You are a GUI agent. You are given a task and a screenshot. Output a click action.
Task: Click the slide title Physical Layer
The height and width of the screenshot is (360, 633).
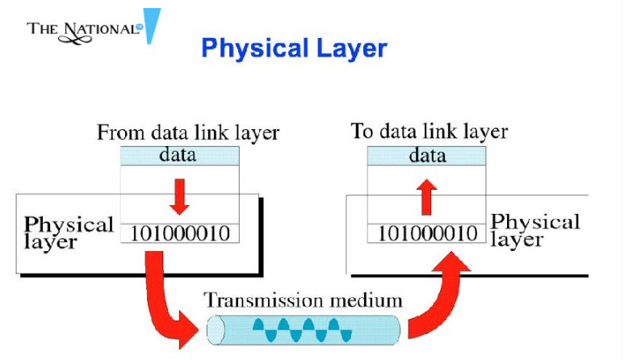(x=294, y=48)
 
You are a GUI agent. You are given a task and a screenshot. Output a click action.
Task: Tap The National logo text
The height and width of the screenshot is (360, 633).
(x=83, y=29)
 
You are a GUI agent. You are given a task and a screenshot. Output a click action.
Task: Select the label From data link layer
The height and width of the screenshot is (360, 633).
(x=188, y=132)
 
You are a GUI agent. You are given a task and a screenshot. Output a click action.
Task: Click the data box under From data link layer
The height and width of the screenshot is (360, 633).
(x=179, y=154)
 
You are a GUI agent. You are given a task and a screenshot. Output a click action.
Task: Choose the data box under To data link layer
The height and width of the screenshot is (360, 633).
(x=427, y=155)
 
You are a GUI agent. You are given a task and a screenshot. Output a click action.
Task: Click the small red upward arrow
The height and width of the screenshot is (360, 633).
(x=427, y=195)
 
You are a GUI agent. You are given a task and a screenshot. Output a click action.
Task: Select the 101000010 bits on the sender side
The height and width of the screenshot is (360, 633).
(x=179, y=234)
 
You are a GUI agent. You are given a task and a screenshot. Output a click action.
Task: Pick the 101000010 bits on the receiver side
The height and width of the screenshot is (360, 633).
(x=427, y=234)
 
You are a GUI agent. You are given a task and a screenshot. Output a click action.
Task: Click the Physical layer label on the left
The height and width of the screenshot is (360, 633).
(x=68, y=232)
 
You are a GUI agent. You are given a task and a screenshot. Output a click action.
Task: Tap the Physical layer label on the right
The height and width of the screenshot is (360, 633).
(x=535, y=230)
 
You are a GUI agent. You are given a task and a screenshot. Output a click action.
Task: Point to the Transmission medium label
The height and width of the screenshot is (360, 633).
(x=303, y=300)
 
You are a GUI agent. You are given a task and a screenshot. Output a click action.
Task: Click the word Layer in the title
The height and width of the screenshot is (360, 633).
(x=350, y=48)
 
